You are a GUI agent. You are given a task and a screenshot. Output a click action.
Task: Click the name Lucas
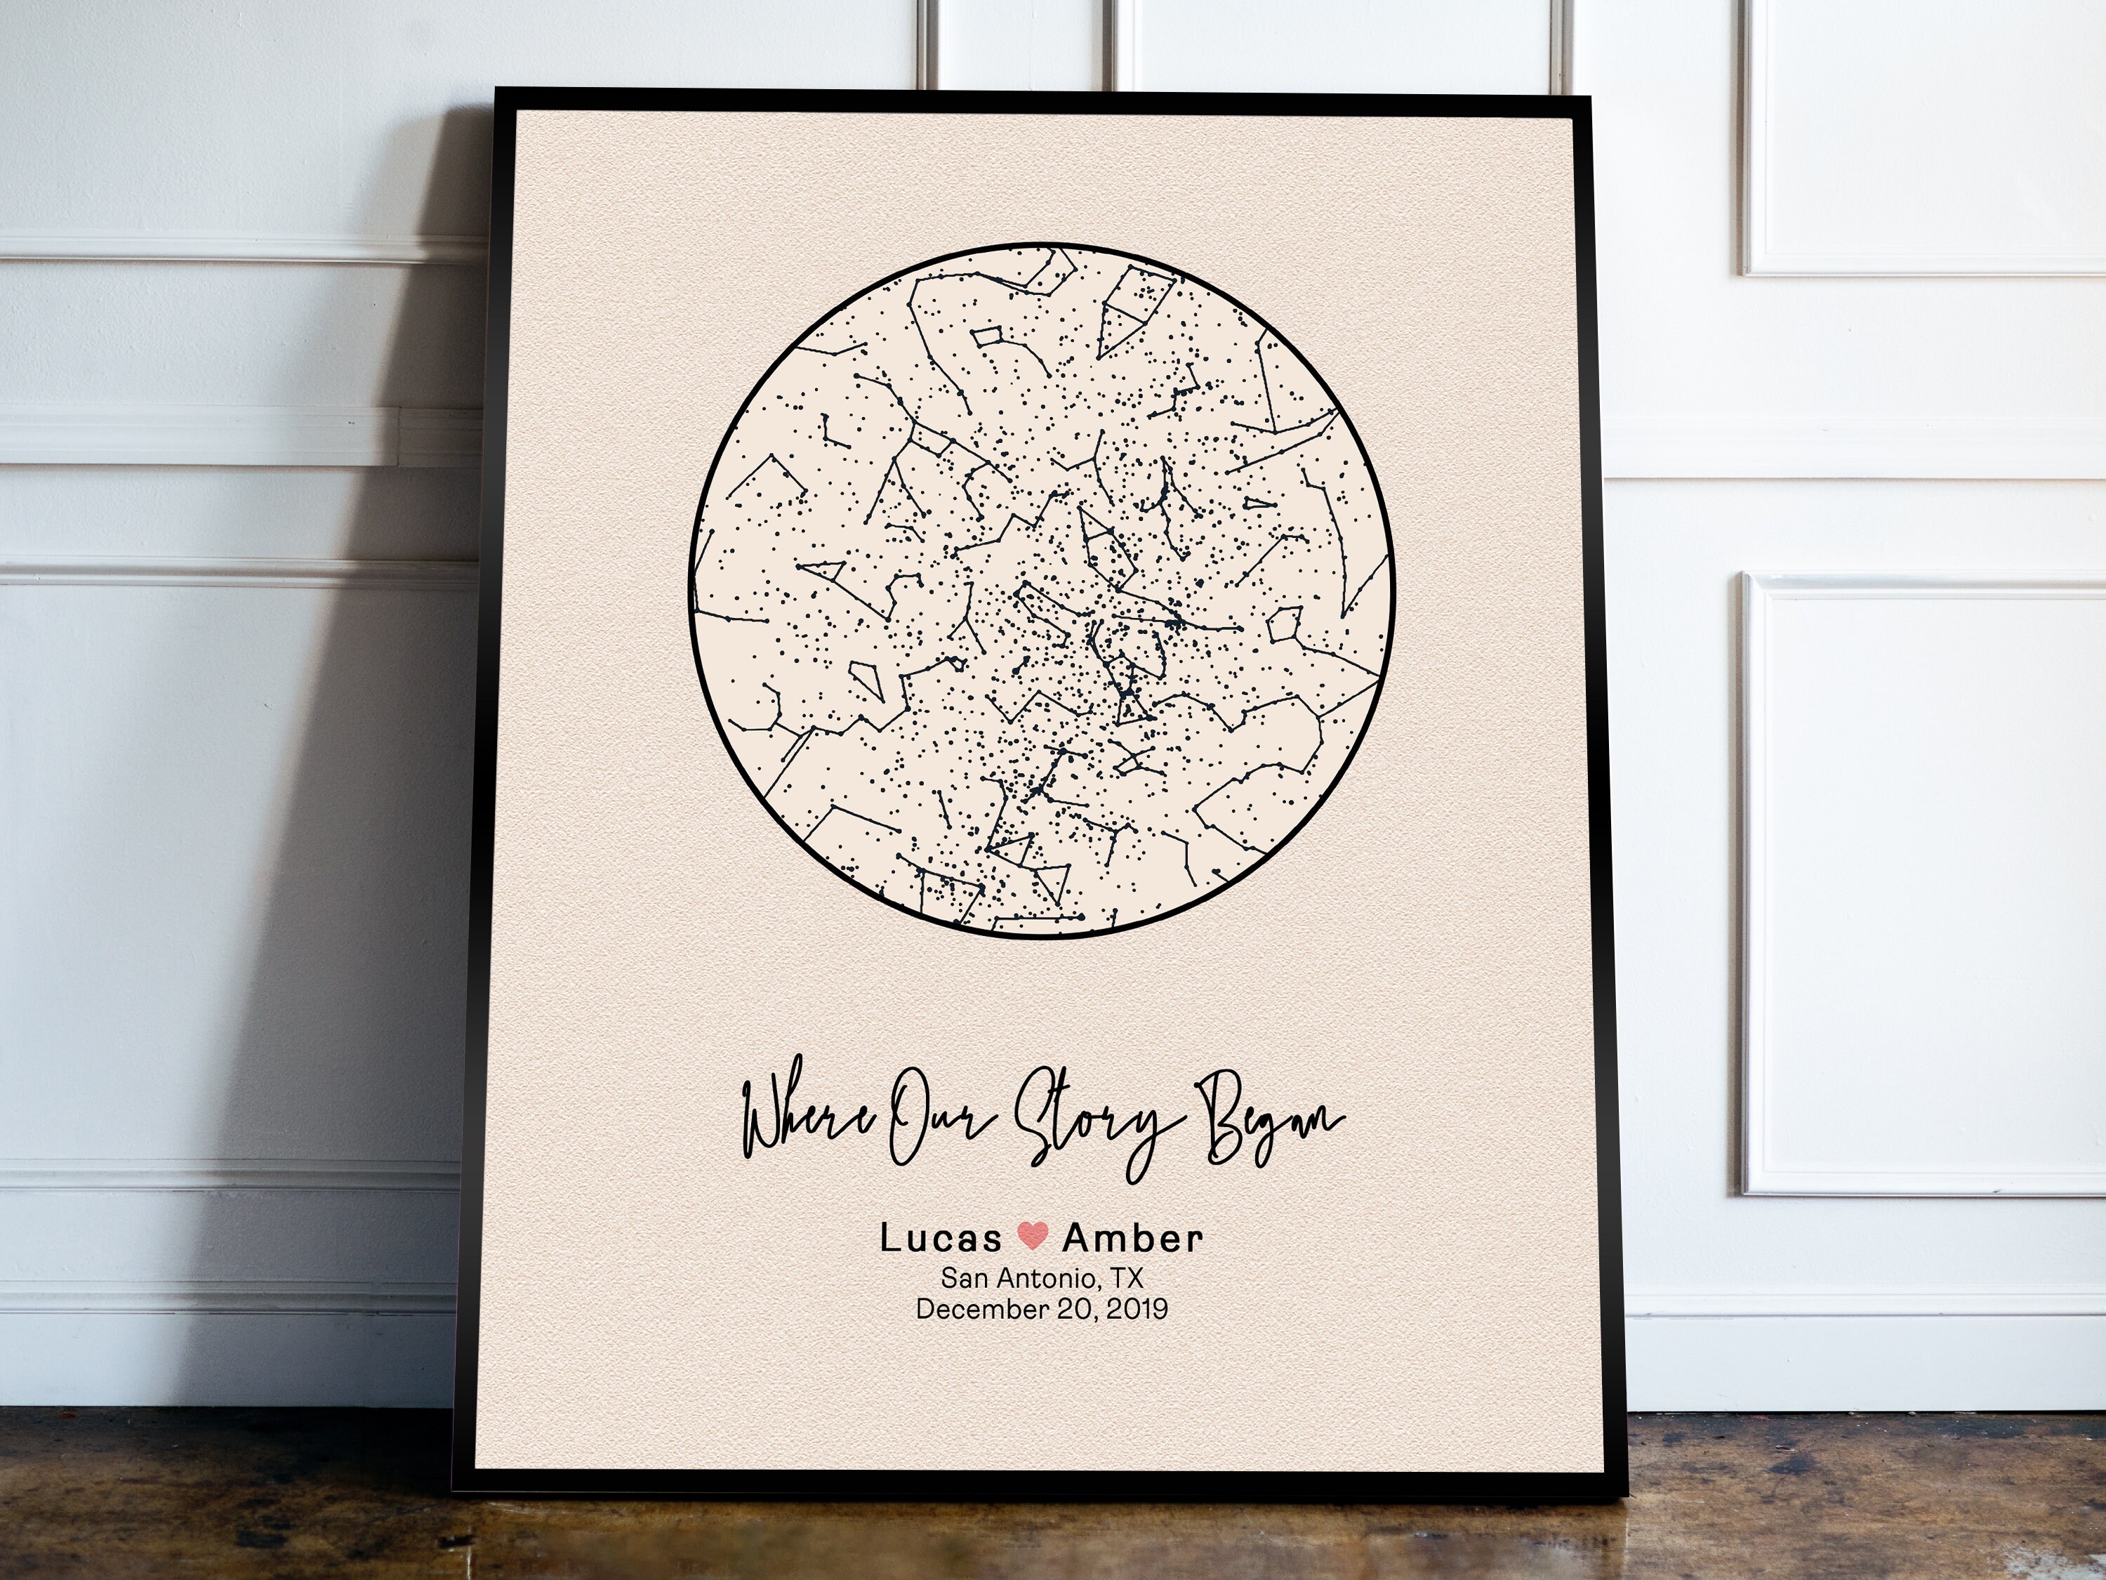(x=940, y=1239)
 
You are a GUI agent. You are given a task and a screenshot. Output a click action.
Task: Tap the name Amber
(x=1132, y=1239)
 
